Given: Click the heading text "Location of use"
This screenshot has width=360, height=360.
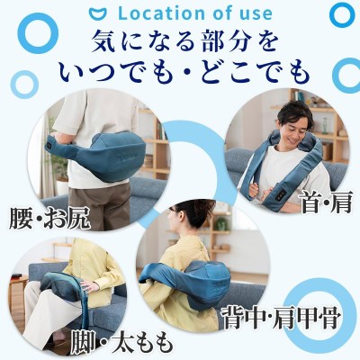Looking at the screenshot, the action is [x=195, y=13].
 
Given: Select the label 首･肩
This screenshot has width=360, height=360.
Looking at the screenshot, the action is [x=327, y=202].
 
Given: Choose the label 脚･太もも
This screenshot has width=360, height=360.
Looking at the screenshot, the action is [x=121, y=342].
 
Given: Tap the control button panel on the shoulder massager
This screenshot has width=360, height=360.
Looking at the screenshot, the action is [x=281, y=195].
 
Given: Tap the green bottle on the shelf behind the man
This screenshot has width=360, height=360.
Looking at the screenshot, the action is [x=325, y=125].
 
